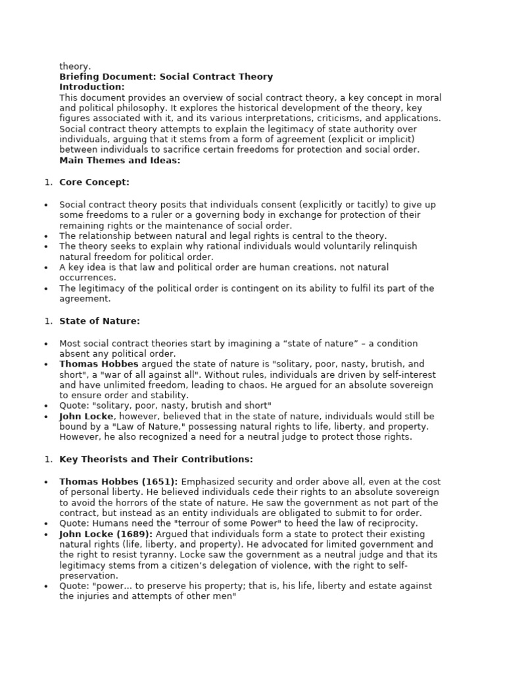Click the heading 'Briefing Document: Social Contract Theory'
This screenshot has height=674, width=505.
(x=166, y=77)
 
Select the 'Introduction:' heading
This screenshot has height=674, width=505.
(x=91, y=87)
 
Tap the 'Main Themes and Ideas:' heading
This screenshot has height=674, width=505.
(x=120, y=161)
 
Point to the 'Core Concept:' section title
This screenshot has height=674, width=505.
(x=94, y=182)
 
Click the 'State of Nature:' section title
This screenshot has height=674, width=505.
(x=99, y=321)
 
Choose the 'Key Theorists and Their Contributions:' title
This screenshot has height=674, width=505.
(x=156, y=459)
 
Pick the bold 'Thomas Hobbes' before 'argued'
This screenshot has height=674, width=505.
(x=99, y=364)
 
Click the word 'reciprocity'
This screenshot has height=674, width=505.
(x=390, y=523)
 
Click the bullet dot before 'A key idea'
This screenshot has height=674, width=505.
(x=46, y=268)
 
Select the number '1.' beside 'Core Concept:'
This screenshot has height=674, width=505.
(x=48, y=182)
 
